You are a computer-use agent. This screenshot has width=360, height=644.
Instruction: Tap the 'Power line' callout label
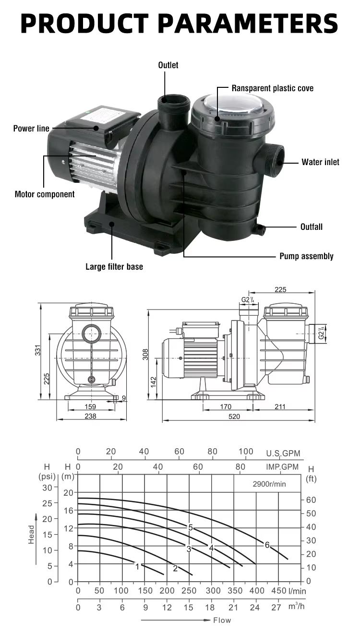[x=31, y=128]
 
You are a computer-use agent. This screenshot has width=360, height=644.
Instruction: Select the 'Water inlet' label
[x=320, y=162]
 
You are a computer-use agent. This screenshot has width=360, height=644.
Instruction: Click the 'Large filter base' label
[x=114, y=266]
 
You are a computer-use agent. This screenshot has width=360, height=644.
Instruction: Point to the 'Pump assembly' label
[x=306, y=256]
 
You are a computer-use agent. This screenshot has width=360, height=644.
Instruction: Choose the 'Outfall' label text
[x=311, y=227]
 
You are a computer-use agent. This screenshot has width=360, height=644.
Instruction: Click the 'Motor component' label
[x=45, y=194]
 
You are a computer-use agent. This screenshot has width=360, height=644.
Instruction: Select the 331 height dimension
[x=45, y=351]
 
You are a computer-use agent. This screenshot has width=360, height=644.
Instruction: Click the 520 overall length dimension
[x=234, y=417]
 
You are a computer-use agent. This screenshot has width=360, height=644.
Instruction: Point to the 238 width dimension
[x=90, y=417]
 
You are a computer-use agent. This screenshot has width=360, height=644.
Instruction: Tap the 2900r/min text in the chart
[x=269, y=484]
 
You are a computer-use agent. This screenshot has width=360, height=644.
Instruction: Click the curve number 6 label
[x=267, y=545]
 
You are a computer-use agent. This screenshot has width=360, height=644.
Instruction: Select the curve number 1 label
[x=137, y=567]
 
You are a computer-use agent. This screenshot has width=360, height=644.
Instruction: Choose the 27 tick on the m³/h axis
[x=276, y=607]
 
